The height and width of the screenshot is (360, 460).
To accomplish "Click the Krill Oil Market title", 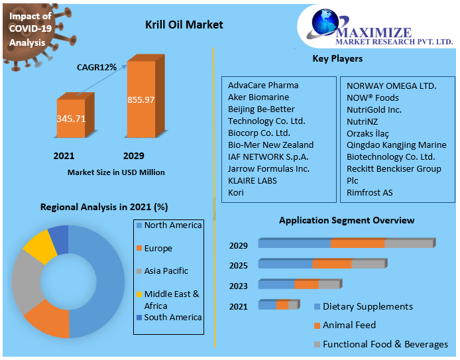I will point(184,25).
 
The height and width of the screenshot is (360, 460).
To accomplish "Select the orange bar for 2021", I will point(70,122).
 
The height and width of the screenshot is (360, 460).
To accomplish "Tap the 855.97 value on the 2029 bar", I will point(141,99).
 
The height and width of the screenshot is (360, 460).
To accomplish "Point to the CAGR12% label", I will point(97,67).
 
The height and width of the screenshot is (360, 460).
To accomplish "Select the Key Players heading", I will point(337,59).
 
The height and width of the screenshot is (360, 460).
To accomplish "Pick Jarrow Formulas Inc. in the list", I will point(268,168).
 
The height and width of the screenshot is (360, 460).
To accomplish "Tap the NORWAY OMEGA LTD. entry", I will point(391,86).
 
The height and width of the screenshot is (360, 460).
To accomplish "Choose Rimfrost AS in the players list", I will point(369,192).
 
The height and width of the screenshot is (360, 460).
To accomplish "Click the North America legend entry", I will point(172,225).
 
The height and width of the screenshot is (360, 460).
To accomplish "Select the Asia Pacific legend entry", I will point(166,270).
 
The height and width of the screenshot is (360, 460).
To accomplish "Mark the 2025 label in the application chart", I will point(239,266).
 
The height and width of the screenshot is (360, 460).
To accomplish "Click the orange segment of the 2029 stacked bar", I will point(357,243).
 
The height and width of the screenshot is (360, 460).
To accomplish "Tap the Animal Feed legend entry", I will point(349,325).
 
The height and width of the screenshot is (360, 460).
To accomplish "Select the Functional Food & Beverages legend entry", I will point(385,344).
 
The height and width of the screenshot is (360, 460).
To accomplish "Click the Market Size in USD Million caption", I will point(116,172).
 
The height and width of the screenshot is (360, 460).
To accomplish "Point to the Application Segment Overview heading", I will point(347,220).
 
